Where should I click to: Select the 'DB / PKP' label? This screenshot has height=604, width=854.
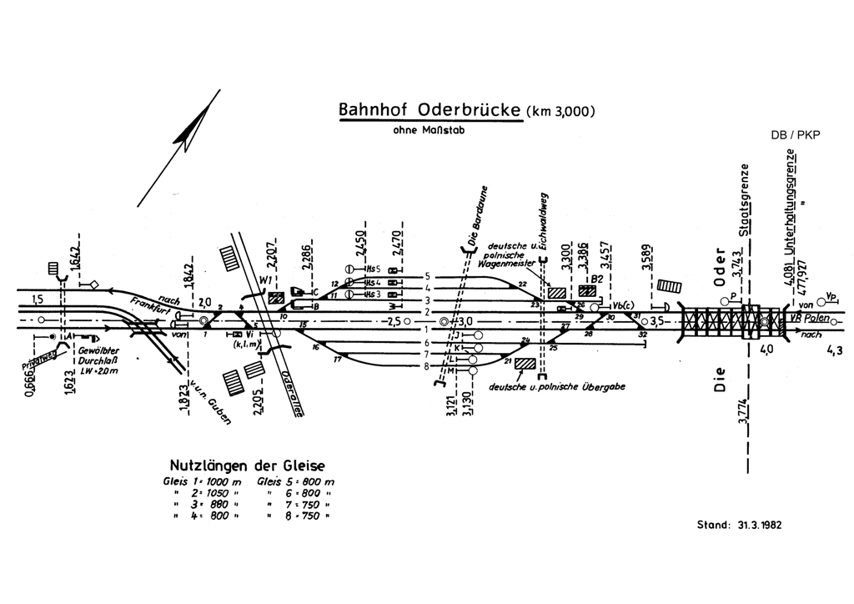coord(796,134)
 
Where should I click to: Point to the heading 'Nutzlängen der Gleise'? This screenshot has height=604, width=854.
coord(247,465)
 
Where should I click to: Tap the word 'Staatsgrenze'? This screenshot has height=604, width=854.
coord(752,200)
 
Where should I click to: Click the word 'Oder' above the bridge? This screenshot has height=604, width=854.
coord(722,267)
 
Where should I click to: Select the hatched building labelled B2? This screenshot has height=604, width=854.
coord(588,291)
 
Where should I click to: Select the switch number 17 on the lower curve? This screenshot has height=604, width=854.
coord(337,359)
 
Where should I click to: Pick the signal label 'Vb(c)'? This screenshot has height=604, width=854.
coord(621,306)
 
